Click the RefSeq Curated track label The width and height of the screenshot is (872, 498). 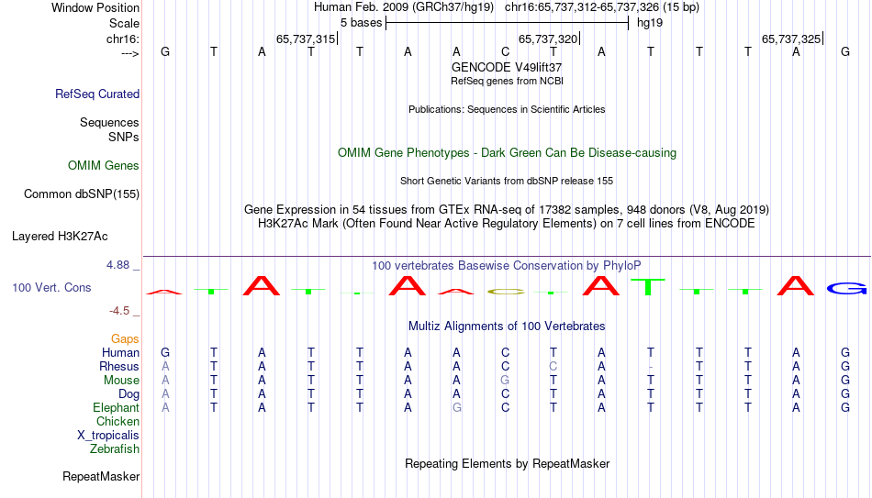coord(97,94)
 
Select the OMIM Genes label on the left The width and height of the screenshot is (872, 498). coord(104,166)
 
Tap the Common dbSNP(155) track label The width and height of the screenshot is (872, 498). coord(82,194)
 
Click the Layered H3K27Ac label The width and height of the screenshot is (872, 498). coord(60,237)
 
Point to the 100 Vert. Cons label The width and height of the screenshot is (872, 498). coord(51,287)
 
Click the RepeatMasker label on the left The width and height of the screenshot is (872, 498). coord(101,476)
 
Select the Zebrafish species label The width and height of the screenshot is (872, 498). coord(115,448)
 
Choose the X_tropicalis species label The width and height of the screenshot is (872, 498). coord(108,436)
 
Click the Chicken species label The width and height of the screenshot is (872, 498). coord(117,421)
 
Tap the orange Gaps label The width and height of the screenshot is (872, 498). coord(125,339)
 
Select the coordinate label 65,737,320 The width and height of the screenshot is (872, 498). coord(548,39)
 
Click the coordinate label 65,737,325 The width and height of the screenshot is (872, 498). coord(791,39)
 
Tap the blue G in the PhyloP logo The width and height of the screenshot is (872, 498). coord(846,289)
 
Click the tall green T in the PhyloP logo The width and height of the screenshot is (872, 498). coord(648,287)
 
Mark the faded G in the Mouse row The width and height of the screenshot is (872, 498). coord(505,381)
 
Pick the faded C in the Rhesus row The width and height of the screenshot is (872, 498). coord(553,366)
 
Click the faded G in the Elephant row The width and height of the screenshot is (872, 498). coord(456,407)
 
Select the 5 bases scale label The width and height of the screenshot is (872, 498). coord(362,23)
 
